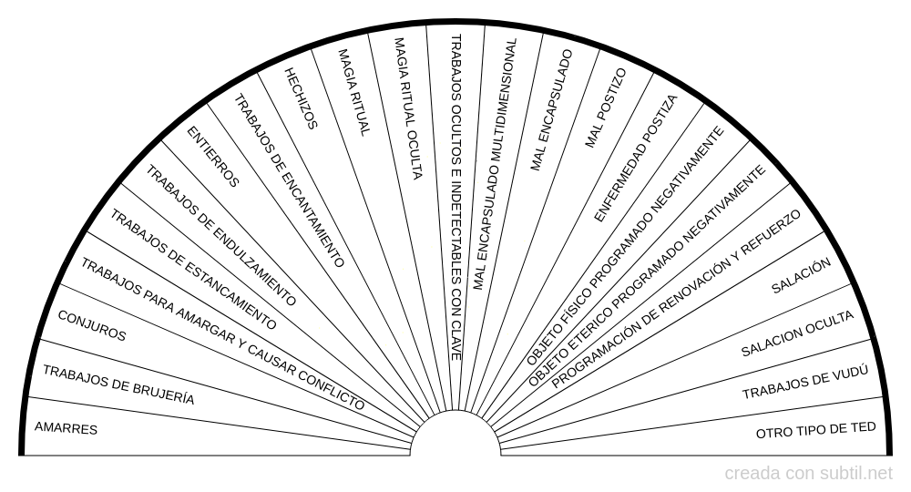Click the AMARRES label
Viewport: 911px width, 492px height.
pos(66,428)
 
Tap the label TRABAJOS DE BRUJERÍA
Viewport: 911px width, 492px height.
pos(118,385)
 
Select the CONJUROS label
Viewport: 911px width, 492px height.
pos(92,326)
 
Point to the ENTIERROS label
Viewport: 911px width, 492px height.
pos(212,157)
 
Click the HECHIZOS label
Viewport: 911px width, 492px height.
pos(301,98)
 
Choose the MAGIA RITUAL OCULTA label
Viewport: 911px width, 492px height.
pos(408,108)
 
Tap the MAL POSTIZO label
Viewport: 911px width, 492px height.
pos(606,108)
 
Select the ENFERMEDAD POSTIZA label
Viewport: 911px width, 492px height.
pos(636,159)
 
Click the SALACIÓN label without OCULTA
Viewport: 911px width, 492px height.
pos(801,276)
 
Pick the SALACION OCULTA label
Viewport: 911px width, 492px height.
pos(798,333)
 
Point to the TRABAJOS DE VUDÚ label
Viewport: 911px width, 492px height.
pos(805,383)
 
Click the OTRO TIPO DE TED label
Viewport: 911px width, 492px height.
pos(815,430)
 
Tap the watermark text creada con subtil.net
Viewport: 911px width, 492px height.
pos(808,474)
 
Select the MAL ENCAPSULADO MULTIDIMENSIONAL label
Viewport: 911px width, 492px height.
pos(495,164)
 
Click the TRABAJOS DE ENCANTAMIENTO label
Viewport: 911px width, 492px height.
pos(290,180)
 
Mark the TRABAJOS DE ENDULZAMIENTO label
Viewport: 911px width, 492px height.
pos(220,235)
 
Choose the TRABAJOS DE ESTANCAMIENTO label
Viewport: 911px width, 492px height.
pos(193,270)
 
